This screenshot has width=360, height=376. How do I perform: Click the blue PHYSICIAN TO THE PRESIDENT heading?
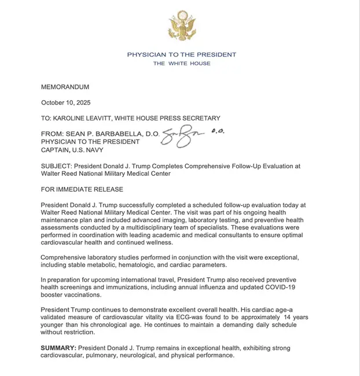[x=182, y=54]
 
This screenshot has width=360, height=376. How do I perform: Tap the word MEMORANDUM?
[x=65, y=87]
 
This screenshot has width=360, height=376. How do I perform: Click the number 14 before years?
[x=288, y=318]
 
